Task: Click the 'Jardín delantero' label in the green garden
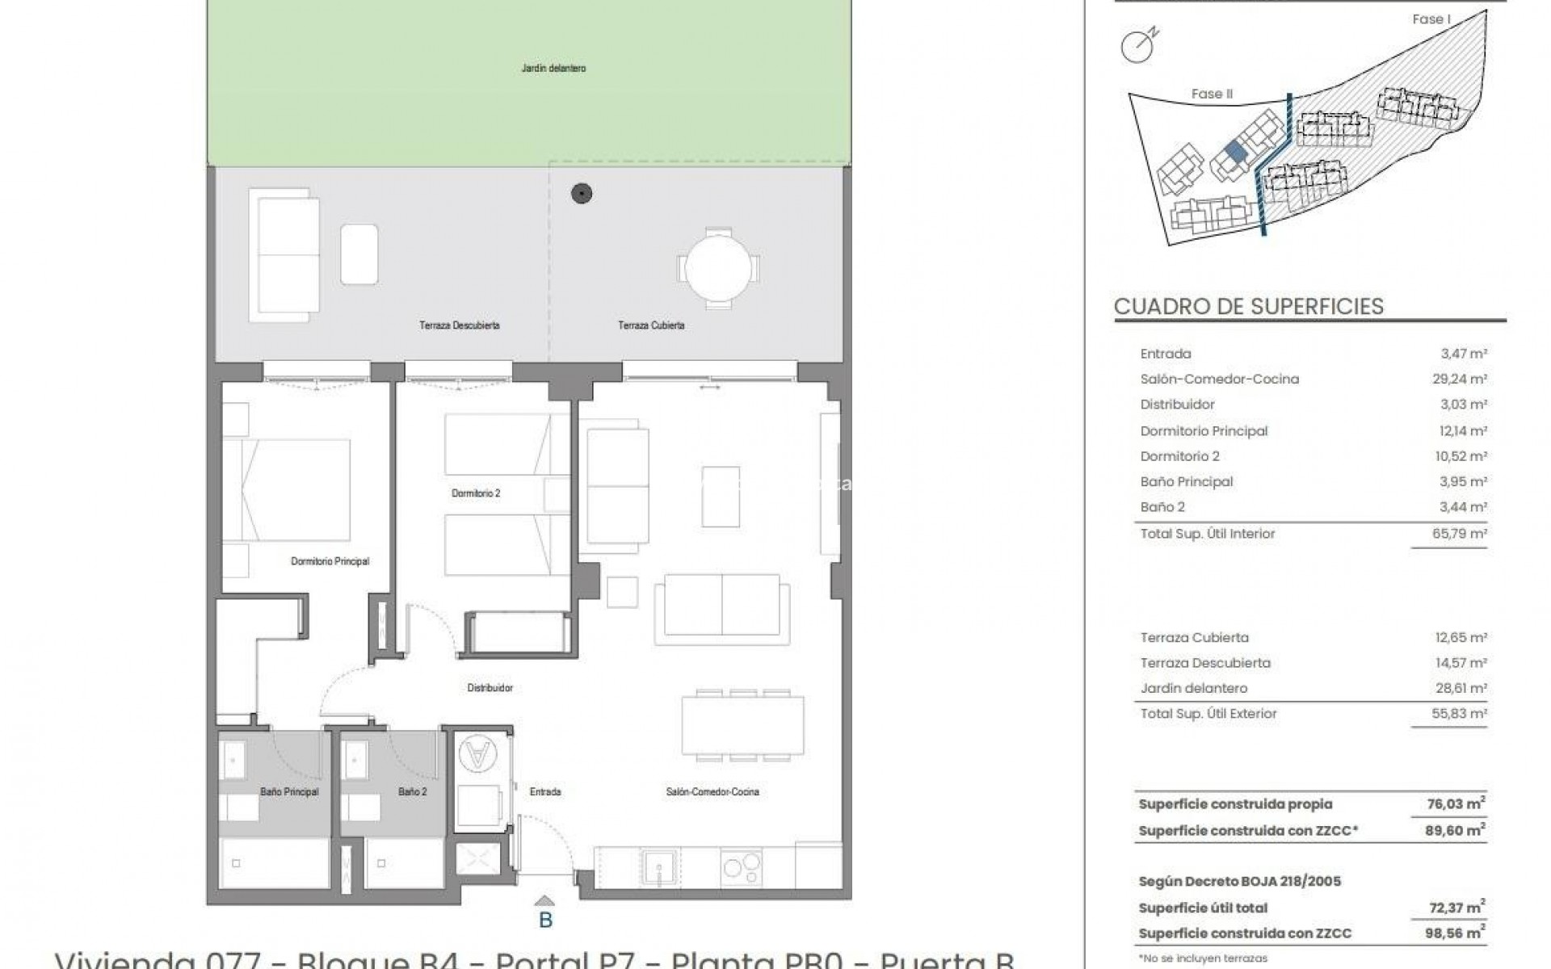[553, 69]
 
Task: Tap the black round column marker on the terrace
[582, 193]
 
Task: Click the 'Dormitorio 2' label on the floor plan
[476, 493]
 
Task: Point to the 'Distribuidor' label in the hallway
[490, 688]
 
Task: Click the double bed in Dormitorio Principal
[296, 490]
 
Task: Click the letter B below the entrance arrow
[545, 920]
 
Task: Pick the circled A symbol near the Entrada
[477, 754]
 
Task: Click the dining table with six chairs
[743, 725]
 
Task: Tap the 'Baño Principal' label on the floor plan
[289, 792]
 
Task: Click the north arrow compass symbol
[1138, 47]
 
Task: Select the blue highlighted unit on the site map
[1234, 151]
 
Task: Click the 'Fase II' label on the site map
[1212, 94]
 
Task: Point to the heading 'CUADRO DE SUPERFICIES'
[1248, 307]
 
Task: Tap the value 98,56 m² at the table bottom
[1458, 933]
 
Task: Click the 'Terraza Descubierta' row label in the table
[1193, 663]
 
